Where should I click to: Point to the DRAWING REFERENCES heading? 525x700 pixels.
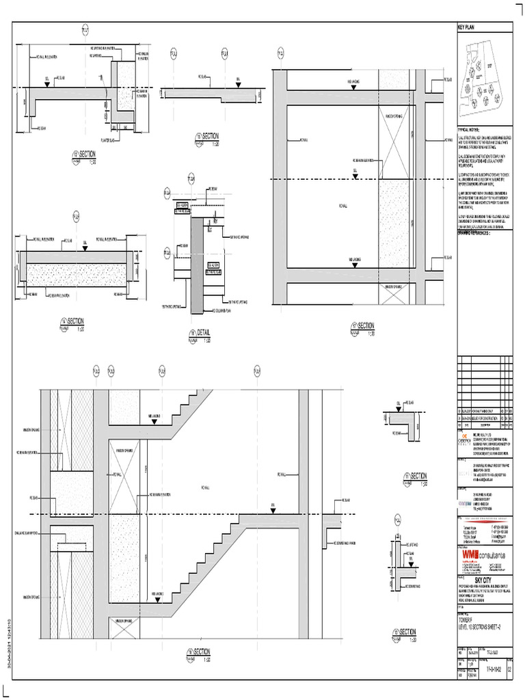[476, 232]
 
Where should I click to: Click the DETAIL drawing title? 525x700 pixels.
[202, 333]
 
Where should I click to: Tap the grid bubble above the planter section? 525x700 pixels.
[85, 29]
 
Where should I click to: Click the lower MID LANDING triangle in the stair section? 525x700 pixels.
[159, 600]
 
